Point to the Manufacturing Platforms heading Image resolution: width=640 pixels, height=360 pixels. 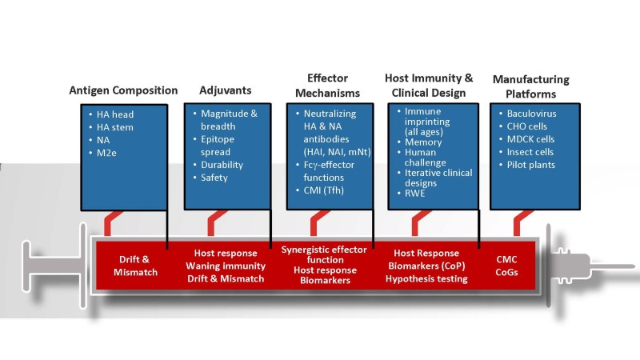[530, 86]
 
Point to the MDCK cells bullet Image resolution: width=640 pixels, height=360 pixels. [534, 139]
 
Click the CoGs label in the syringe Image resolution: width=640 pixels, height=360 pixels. [506, 272]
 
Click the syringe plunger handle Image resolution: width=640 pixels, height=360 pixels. [32, 262]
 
